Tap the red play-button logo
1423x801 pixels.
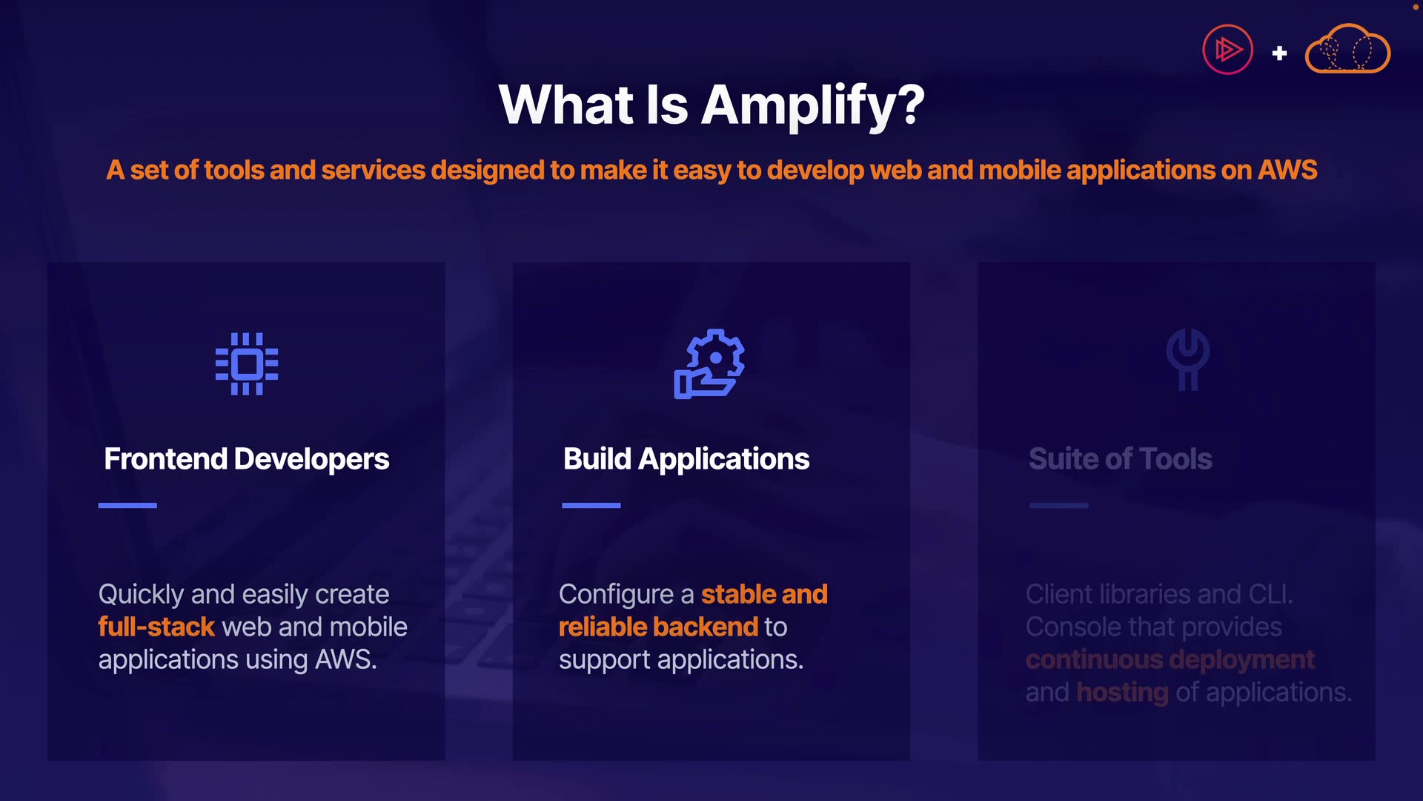click(x=1227, y=50)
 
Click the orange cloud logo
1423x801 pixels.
click(x=1347, y=49)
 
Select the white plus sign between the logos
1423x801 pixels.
click(x=1279, y=53)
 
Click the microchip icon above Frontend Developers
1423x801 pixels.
click(x=247, y=364)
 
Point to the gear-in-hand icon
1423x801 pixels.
click(x=709, y=364)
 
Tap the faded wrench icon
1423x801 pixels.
click(x=1188, y=359)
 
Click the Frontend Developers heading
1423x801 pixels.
click(x=246, y=459)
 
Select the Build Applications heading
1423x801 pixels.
click(x=686, y=459)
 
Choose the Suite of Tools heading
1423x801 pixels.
click(x=1121, y=459)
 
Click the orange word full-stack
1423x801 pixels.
click(x=156, y=627)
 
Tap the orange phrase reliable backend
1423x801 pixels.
click(x=659, y=627)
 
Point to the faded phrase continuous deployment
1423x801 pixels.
click(x=1170, y=660)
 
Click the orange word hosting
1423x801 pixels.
click(x=1122, y=693)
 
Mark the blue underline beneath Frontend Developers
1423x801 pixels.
click(x=127, y=505)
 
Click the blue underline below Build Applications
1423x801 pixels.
click(x=591, y=505)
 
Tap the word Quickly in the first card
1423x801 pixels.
click(x=141, y=595)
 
